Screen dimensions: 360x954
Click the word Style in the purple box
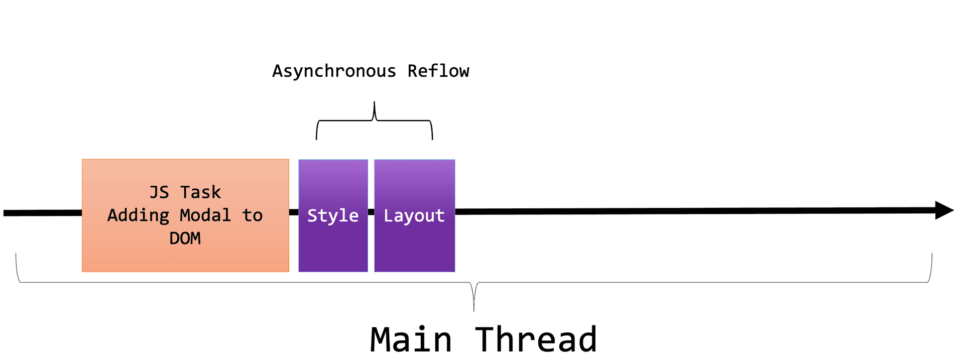tap(332, 216)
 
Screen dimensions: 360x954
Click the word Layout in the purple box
tap(414, 216)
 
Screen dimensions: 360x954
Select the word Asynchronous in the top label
tap(334, 71)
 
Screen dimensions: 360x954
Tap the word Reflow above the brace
tap(438, 71)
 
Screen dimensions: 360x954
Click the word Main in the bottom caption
tap(411, 340)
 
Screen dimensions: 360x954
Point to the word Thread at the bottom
tap(536, 340)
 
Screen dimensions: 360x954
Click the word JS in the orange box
tap(159, 192)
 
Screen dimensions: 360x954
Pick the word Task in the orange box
tap(201, 192)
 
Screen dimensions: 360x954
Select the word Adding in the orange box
tap(139, 215)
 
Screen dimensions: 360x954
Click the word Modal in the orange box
tap(205, 215)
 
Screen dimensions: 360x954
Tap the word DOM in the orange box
tap(185, 238)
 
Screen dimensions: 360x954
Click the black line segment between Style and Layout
tap(371, 212)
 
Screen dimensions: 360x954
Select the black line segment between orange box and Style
tap(294, 212)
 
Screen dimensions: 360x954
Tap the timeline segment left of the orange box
tap(43, 213)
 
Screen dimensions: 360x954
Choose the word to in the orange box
tap(252, 215)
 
